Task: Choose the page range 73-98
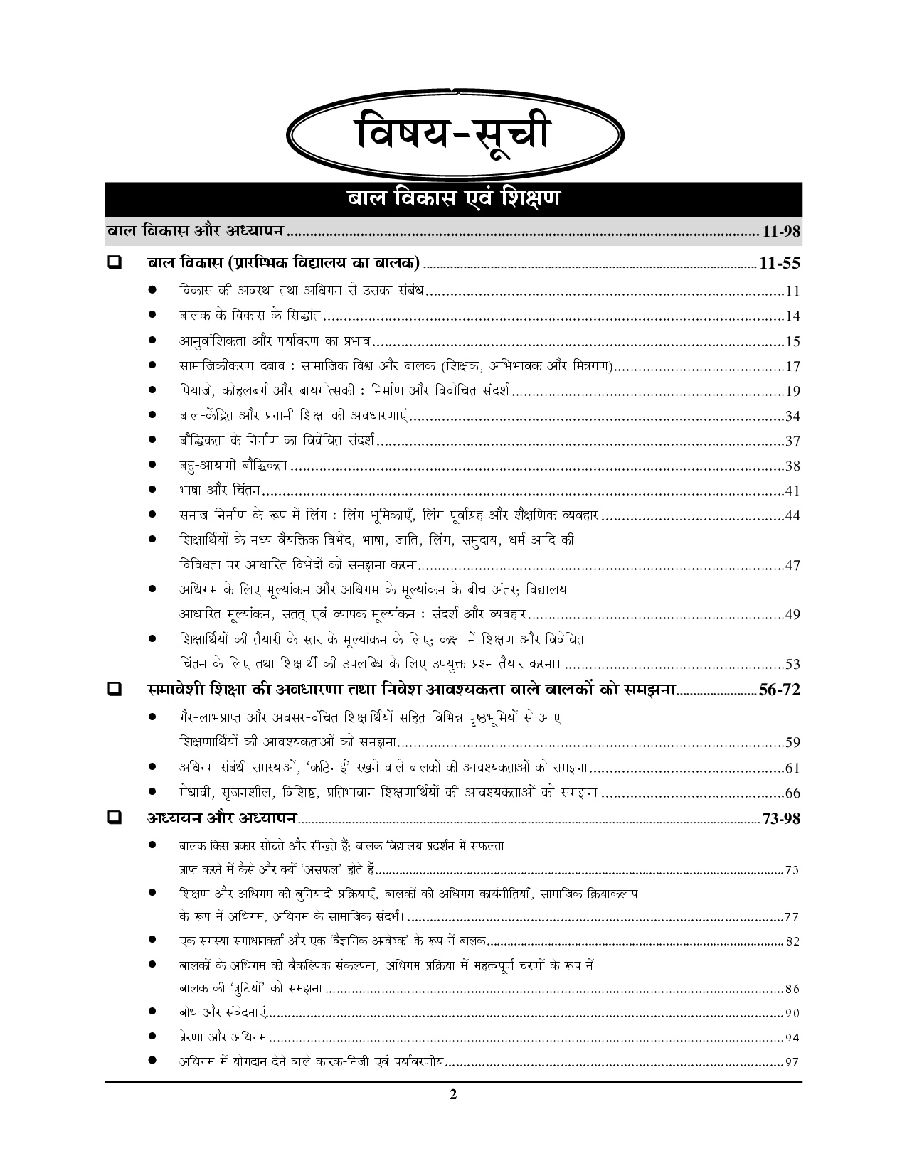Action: coord(780,818)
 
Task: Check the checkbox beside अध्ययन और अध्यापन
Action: coord(113,818)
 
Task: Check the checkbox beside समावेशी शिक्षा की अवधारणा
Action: coord(113,689)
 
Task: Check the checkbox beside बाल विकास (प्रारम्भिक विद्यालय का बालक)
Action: coord(113,263)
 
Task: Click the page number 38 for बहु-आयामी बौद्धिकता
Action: coord(792,466)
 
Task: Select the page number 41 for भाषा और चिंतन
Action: coord(792,491)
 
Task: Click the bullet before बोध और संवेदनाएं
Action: coord(152,1013)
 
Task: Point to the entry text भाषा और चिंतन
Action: coord(220,491)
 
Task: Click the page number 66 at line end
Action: coord(792,793)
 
